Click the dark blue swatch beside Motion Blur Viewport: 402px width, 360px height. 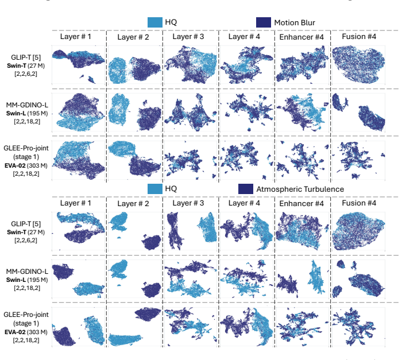pyautogui.click(x=263, y=22)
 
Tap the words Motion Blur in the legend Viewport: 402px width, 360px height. pyautogui.click(x=295, y=23)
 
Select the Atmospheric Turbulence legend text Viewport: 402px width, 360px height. pyautogui.click(x=300, y=189)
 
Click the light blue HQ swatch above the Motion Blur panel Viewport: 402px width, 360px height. pyautogui.click(x=155, y=22)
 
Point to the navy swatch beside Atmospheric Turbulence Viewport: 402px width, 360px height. pyautogui.click(x=246, y=189)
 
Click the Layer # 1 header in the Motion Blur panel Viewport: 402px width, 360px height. pyautogui.click(x=76, y=36)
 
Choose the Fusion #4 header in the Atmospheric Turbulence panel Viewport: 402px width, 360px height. pyautogui.click(x=359, y=203)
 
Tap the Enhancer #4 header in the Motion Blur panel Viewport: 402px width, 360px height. pyautogui.click(x=301, y=37)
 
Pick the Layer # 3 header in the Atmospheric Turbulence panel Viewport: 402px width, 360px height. pyautogui.click(x=188, y=203)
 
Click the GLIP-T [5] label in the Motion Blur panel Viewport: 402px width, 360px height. pyautogui.click(x=26, y=57)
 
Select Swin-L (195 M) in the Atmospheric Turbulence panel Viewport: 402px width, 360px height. pyautogui.click(x=27, y=280)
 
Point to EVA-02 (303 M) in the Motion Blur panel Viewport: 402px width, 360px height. pyautogui.click(x=26, y=165)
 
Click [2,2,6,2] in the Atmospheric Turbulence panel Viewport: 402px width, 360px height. pyautogui.click(x=26, y=241)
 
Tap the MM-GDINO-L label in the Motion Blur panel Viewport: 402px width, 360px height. pyautogui.click(x=27, y=105)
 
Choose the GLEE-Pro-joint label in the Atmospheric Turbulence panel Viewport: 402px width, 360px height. pyautogui.click(x=26, y=315)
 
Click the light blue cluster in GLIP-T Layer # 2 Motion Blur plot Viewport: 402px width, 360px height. pyautogui.click(x=117, y=70)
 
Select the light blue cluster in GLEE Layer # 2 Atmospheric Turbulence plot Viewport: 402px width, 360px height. pyautogui.click(x=125, y=340)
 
